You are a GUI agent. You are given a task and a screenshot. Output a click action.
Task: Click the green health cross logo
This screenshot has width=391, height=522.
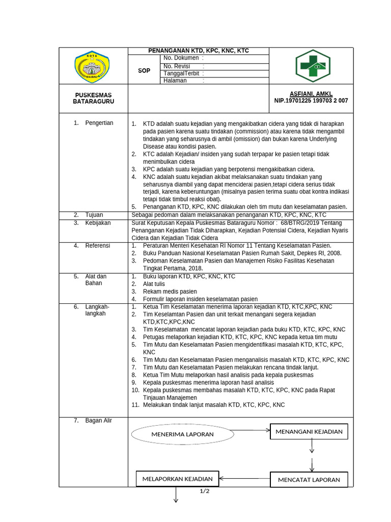[313, 66]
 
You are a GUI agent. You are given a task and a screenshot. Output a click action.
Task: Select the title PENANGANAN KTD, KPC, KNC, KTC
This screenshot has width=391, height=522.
[199, 51]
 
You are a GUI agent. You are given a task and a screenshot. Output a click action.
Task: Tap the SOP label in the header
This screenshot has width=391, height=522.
[144, 71]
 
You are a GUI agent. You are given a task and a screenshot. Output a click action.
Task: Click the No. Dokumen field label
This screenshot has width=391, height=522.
[181, 58]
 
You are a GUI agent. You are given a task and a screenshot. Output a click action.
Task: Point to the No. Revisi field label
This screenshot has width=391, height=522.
[177, 66]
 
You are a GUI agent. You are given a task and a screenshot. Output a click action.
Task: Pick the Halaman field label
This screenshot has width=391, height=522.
[175, 81]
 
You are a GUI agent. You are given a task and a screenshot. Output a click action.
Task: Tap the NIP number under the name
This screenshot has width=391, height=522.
[311, 101]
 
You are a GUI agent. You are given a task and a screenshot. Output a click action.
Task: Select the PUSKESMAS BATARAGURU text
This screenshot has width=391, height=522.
[93, 98]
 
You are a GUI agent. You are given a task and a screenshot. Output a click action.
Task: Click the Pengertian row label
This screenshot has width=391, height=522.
[99, 123]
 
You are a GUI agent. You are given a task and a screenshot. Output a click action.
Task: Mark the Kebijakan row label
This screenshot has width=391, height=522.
[98, 223]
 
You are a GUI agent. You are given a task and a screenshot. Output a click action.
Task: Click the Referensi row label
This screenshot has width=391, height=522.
[97, 246]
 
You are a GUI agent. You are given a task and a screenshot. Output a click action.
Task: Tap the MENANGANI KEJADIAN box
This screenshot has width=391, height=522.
[309, 432]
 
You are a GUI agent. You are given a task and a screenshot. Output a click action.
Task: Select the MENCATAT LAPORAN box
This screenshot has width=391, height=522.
[309, 480]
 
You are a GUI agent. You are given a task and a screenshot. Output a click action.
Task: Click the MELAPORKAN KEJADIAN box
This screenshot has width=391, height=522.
[177, 479]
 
